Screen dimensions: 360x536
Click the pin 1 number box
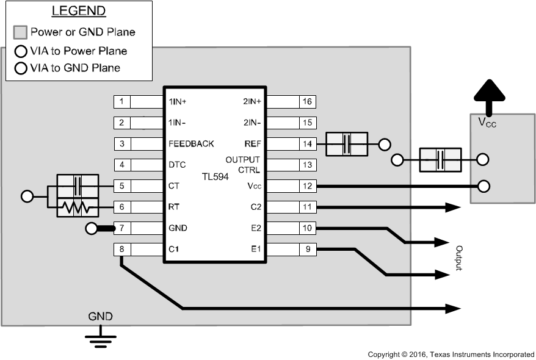point(122,101)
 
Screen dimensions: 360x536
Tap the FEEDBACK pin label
point(191,144)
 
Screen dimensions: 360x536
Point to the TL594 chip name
point(215,176)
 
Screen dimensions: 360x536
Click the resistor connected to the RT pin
point(78,208)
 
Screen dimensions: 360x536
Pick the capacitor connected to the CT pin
point(78,184)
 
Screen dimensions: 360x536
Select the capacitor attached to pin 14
point(347,145)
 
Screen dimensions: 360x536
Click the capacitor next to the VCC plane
point(440,160)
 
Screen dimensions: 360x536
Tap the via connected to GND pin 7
point(92,229)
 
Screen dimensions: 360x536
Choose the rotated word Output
point(459,259)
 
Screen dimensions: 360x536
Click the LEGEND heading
point(79,12)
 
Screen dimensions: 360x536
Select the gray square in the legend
point(21,32)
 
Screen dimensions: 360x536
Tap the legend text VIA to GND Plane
point(74,68)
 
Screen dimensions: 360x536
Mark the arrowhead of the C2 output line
point(453,207)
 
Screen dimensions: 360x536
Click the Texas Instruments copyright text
point(451,355)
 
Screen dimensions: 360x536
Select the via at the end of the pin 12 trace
point(485,186)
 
